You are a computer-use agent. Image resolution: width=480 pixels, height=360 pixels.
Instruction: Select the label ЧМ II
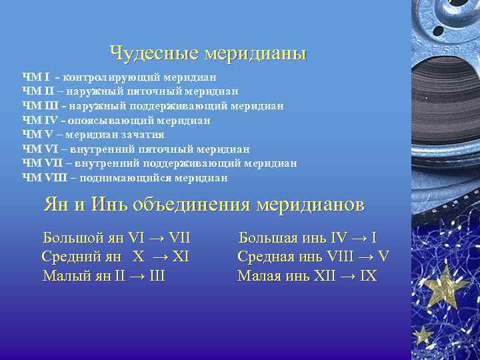pos(35,91)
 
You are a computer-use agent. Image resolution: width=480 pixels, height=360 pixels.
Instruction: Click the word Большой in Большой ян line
pos(74,237)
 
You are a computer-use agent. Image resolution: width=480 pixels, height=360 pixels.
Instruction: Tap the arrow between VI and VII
pos(157,238)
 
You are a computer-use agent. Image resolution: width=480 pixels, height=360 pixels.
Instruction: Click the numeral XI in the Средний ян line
pos(181,257)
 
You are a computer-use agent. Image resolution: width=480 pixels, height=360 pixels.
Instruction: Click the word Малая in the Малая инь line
pos(259,275)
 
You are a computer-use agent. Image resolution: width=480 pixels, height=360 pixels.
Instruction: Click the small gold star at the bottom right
pos(422,333)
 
